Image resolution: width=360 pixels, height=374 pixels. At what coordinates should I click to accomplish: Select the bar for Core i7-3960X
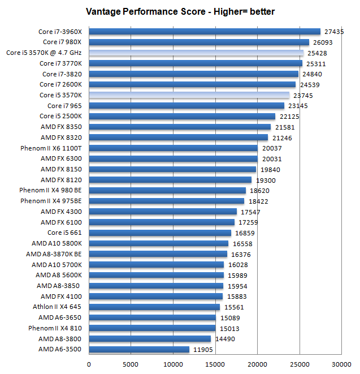204,32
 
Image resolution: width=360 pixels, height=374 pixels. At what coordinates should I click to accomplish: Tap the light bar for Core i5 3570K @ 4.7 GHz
196,53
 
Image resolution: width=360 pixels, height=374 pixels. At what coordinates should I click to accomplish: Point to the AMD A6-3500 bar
138,349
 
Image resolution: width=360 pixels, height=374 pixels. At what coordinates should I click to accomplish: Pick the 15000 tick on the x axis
215,364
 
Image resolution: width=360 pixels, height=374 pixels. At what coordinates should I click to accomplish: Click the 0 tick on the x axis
89,364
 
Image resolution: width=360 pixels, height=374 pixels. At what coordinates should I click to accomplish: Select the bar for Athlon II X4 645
154,307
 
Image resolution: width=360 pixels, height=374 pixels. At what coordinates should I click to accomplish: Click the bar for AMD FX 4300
162,212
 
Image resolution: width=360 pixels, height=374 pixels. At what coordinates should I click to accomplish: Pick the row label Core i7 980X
62,42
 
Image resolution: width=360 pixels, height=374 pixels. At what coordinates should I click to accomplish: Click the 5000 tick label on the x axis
131,364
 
